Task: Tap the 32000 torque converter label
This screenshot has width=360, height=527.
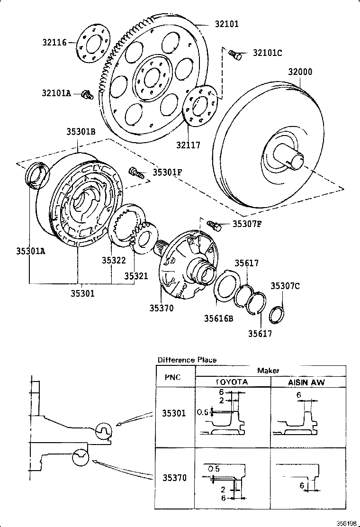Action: click(300, 72)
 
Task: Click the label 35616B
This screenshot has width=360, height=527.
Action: click(218, 318)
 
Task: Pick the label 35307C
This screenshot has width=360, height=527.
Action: click(285, 286)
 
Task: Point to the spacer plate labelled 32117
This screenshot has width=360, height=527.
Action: click(200, 107)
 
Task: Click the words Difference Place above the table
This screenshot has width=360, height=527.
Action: click(187, 360)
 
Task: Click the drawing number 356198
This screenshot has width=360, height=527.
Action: click(346, 523)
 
